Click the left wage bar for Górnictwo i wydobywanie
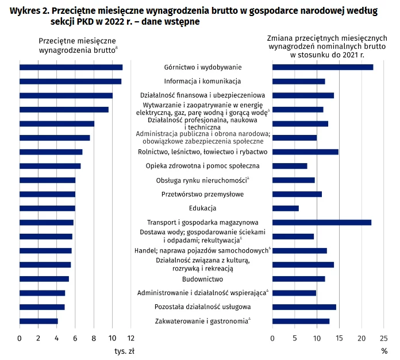tap(71, 67)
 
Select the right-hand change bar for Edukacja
tap(285, 208)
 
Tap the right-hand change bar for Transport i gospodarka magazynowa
tap(321, 222)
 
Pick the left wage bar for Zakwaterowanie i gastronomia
tap(39, 321)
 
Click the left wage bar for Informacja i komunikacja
tap(70, 82)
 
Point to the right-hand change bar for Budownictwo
tap(298, 279)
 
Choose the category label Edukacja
tap(202, 208)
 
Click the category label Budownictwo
tap(202, 279)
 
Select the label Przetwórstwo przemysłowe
tap(202, 194)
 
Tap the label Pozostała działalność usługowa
tap(202, 307)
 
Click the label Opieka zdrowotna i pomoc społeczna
tap(202, 166)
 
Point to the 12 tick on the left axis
tap(130, 338)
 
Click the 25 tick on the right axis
tap(383, 338)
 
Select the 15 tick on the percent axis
tap(339, 338)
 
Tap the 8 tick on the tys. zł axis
tap(94, 338)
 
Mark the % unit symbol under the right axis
tap(384, 350)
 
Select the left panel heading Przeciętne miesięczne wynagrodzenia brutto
tap(77, 45)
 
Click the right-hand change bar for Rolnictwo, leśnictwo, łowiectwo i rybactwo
tap(305, 152)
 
